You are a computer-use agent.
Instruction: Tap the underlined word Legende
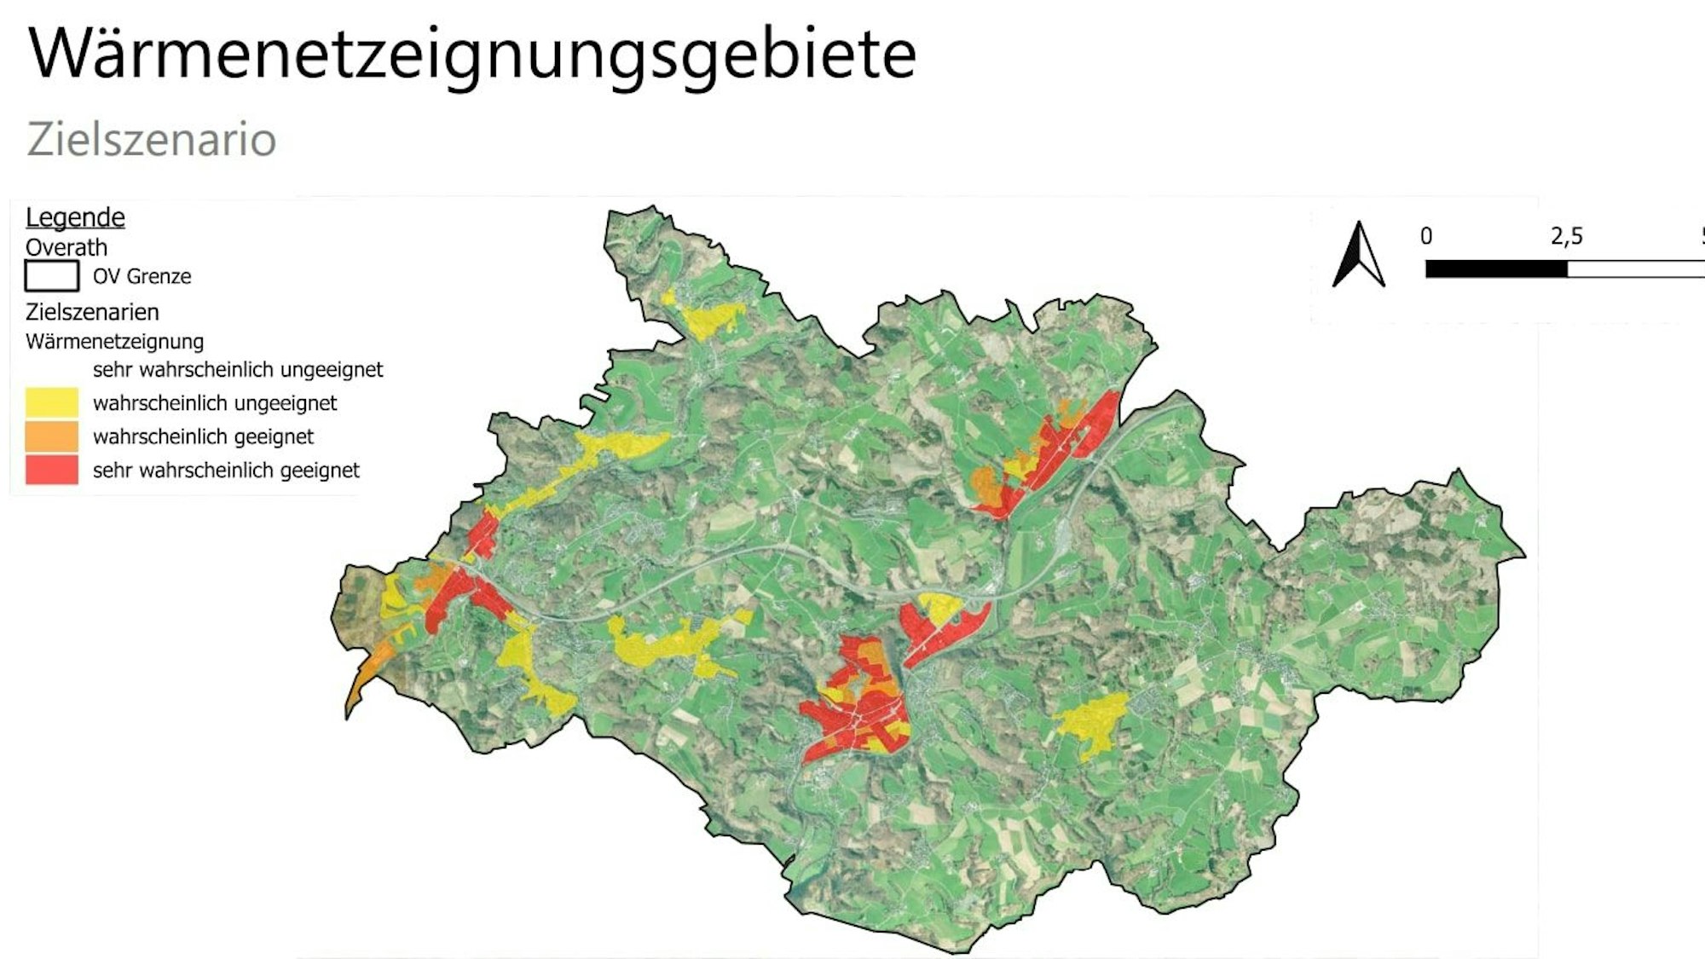pyautogui.click(x=75, y=217)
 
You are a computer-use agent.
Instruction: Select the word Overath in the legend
pyautogui.click(x=66, y=248)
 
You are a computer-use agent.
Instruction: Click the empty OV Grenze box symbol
pyautogui.click(x=52, y=276)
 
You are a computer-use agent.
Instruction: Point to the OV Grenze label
pyautogui.click(x=142, y=277)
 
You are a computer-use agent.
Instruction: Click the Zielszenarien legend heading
pyautogui.click(x=92, y=312)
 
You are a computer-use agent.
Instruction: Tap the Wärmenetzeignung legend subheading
pyautogui.click(x=114, y=342)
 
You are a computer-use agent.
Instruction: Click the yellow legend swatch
pyautogui.click(x=52, y=402)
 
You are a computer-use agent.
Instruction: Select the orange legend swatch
pyautogui.click(x=52, y=436)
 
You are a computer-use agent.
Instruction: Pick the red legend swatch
pyautogui.click(x=52, y=470)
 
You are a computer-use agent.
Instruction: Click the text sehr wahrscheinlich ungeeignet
pyautogui.click(x=238, y=370)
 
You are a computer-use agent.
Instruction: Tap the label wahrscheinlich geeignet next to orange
pyautogui.click(x=203, y=437)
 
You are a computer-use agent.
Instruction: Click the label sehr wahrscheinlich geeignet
pyautogui.click(x=226, y=471)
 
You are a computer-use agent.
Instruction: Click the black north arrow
pyautogui.click(x=1358, y=256)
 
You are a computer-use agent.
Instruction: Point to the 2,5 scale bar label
pyautogui.click(x=1566, y=236)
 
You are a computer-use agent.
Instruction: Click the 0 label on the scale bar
pyautogui.click(x=1426, y=236)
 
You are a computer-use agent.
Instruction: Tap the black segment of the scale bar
pyautogui.click(x=1496, y=269)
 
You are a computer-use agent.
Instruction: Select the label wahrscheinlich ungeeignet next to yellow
pyautogui.click(x=215, y=403)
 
